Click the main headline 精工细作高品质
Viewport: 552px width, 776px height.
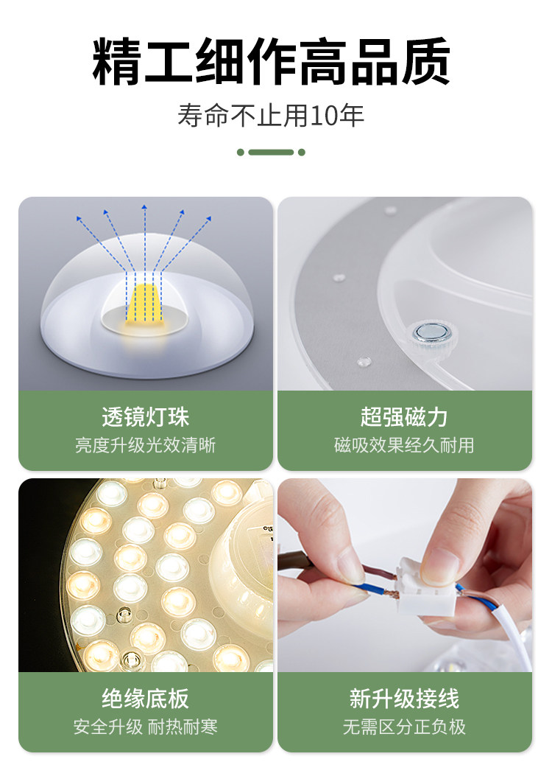pyautogui.click(x=271, y=61)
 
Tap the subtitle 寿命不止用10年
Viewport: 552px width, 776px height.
pyautogui.click(x=271, y=115)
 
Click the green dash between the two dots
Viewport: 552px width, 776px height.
pyautogui.click(x=271, y=152)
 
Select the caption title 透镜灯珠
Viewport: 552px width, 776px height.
pyautogui.click(x=145, y=416)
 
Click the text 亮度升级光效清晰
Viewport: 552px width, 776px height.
pyautogui.click(x=145, y=445)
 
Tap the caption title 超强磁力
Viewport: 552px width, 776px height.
pyautogui.click(x=404, y=416)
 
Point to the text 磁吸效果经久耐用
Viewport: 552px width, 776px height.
pyautogui.click(x=404, y=445)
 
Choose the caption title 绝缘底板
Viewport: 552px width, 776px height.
pyautogui.click(x=145, y=699)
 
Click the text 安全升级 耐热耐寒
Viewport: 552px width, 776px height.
pyautogui.click(x=145, y=727)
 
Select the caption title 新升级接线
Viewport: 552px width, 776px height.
pyautogui.click(x=404, y=699)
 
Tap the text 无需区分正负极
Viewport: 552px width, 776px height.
pyautogui.click(x=404, y=727)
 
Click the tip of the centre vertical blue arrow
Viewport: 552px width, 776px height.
pyautogui.click(x=144, y=204)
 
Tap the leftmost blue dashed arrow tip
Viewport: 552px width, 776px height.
pyautogui.click(x=78, y=217)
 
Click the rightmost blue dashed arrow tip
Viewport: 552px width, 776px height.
pyautogui.click(x=210, y=217)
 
